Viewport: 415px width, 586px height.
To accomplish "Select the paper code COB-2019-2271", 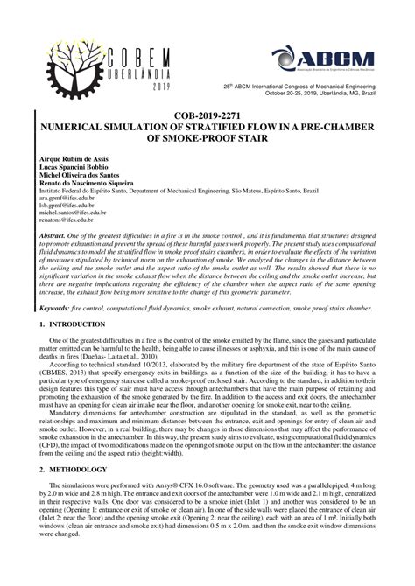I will point(207,115).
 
